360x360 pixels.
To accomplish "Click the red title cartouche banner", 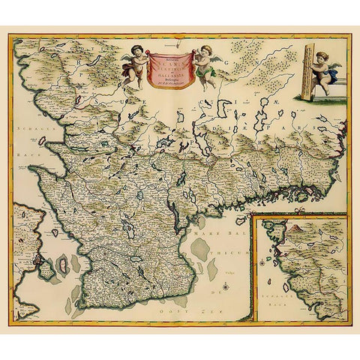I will [x=169, y=70].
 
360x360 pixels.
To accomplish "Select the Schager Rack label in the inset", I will [x=300, y=298].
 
